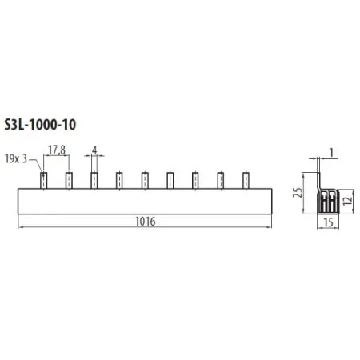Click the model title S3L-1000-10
pos(40,125)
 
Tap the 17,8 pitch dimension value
pos(57,150)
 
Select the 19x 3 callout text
pos(16,159)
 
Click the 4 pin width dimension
pos(94,150)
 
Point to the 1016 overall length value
pos(145,222)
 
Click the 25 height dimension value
pos(298,193)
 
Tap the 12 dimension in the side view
pos(348,200)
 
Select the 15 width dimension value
pos(328,222)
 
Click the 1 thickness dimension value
pos(331,153)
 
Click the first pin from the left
pos(44,181)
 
